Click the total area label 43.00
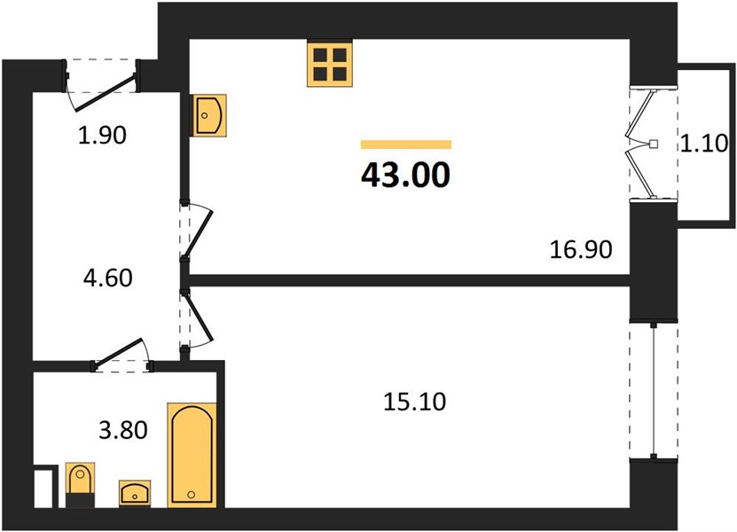coord(405,175)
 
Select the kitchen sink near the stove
coord(209,115)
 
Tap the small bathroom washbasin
coord(136,492)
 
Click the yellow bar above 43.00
coord(405,144)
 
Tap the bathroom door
coord(121,354)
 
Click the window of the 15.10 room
coord(653,390)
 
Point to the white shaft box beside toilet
coord(46,488)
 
